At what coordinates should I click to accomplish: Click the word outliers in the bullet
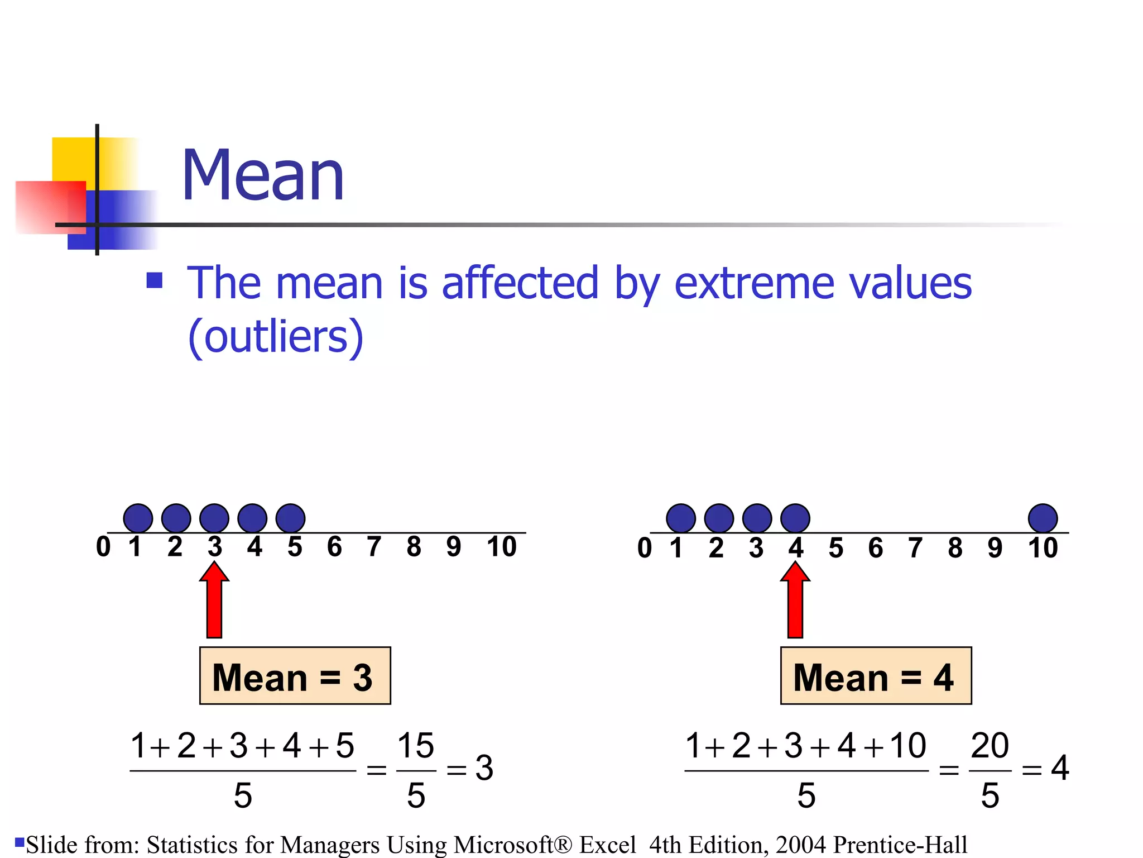[x=276, y=337]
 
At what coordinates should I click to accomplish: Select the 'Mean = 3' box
[x=295, y=676]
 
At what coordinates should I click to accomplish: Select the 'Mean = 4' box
[x=876, y=676]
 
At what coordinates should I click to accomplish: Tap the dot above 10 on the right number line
[x=1043, y=518]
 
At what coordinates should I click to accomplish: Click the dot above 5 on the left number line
[x=291, y=518]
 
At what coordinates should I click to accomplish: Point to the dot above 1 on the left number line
[x=138, y=518]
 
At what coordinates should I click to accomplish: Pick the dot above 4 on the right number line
[x=795, y=518]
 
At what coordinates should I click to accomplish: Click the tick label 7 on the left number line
[x=374, y=547]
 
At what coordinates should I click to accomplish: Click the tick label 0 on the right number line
[x=645, y=548]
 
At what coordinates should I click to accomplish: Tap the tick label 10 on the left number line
[x=501, y=547]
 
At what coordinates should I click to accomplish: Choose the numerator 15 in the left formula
[x=416, y=746]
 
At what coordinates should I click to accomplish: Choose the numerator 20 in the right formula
[x=990, y=746]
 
